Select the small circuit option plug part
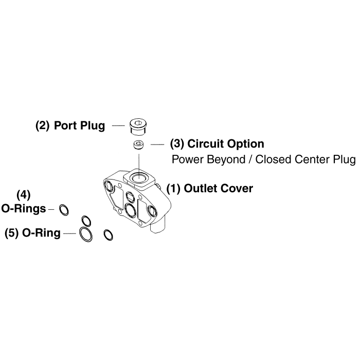coord(138,145)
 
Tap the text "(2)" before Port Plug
coord(42,125)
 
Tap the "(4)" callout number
coord(24,195)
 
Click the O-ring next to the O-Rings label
coord(64,209)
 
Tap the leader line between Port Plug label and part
coord(118,125)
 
